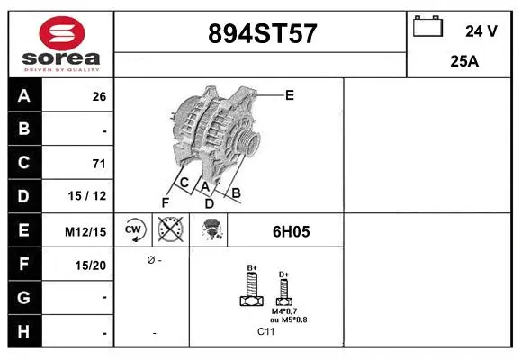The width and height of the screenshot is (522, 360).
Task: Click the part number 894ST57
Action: click(262, 34)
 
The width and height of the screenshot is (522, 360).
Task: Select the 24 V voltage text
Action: click(481, 31)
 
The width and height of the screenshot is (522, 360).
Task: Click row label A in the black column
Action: click(24, 96)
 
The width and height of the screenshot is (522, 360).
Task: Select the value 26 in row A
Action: click(99, 97)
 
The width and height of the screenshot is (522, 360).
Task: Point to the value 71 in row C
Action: click(99, 164)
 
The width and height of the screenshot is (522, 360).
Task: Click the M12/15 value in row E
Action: click(86, 231)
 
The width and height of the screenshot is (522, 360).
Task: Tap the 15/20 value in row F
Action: click(93, 265)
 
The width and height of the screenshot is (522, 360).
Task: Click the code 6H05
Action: click(291, 231)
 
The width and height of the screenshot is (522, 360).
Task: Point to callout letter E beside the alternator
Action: click(290, 94)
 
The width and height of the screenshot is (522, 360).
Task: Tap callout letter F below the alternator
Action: click(165, 202)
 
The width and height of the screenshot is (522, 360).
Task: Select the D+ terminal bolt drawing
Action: click(283, 290)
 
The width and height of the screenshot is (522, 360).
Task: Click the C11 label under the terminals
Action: click(266, 331)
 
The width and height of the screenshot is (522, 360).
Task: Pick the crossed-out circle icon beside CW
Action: click(169, 230)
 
